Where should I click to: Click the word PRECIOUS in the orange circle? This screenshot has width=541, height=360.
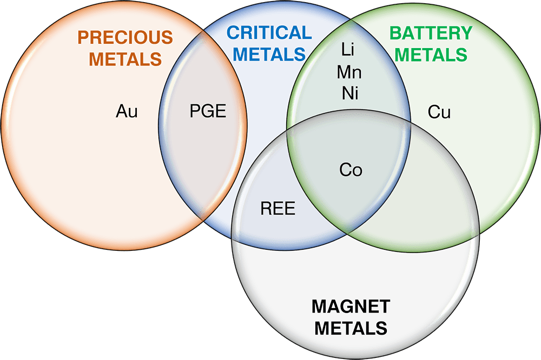tap(125, 37)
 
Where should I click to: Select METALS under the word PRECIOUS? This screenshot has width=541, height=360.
tap(125, 58)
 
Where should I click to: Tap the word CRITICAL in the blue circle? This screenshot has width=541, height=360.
tap(268, 33)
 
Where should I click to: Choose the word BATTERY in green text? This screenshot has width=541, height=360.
tap(431, 33)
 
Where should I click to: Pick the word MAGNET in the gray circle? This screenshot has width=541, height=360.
tap(351, 306)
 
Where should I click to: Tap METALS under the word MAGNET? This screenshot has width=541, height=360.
tap(351, 328)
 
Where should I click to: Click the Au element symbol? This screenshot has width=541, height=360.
tap(127, 112)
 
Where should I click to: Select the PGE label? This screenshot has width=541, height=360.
tap(207, 112)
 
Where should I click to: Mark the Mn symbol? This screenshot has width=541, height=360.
tap(349, 71)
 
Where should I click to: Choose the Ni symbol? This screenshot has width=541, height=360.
tap(350, 92)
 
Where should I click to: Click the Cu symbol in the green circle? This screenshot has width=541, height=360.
tap(439, 112)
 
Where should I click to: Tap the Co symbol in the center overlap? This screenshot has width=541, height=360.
tap(351, 170)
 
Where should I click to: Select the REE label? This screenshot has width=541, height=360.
tap(278, 209)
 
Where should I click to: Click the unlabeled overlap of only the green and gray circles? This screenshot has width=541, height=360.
tap(427, 195)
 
